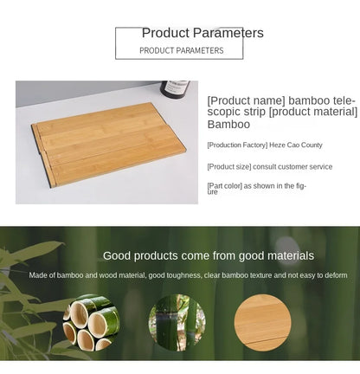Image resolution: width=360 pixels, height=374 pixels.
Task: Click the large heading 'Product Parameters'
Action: tap(202, 33)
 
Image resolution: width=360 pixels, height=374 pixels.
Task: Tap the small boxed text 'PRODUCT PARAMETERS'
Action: tap(181, 50)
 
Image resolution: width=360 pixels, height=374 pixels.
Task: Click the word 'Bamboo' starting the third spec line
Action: tap(229, 125)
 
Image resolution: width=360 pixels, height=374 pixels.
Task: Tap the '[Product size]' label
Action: tap(229, 166)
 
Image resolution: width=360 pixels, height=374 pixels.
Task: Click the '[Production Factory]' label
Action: tap(237, 145)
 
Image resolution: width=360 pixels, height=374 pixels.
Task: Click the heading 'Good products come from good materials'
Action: tap(209, 255)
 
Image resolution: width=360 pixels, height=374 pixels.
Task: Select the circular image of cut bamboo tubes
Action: tap(90, 323)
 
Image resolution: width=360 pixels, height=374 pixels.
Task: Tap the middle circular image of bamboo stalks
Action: tap(176, 322)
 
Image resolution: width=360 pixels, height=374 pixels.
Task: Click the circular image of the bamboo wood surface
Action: tap(261, 322)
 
